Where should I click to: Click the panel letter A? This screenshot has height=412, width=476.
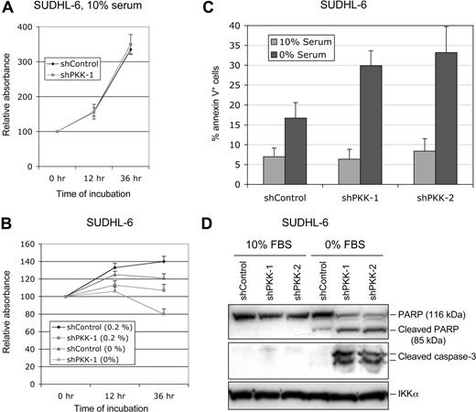7,8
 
